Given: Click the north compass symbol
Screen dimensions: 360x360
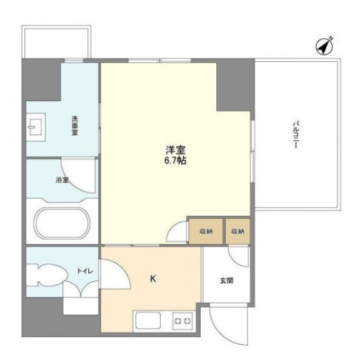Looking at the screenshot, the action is pyautogui.click(x=324, y=46).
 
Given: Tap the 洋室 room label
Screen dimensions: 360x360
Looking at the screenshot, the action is pyautogui.click(x=176, y=150).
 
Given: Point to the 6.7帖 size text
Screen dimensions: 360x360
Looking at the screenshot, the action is pyautogui.click(x=175, y=161).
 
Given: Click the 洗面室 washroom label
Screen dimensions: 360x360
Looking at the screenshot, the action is pyautogui.click(x=74, y=126).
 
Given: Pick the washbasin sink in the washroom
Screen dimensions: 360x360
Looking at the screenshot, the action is pyautogui.click(x=36, y=127).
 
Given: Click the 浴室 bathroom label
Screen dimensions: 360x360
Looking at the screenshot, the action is pyautogui.click(x=62, y=180).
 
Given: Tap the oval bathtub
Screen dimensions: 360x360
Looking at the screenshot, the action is pyautogui.click(x=62, y=223).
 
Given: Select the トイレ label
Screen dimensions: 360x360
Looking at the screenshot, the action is pyautogui.click(x=85, y=271).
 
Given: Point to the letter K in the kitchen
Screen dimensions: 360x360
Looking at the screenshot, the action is pyautogui.click(x=153, y=279).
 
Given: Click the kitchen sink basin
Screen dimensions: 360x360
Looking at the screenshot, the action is pyautogui.click(x=148, y=320).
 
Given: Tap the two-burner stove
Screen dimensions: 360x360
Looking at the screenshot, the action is pyautogui.click(x=182, y=321).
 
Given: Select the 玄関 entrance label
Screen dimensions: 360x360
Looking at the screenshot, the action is pyautogui.click(x=227, y=281).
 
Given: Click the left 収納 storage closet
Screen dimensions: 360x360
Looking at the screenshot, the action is pyautogui.click(x=206, y=231).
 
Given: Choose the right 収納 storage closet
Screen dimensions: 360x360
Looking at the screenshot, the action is pyautogui.click(x=237, y=231).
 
